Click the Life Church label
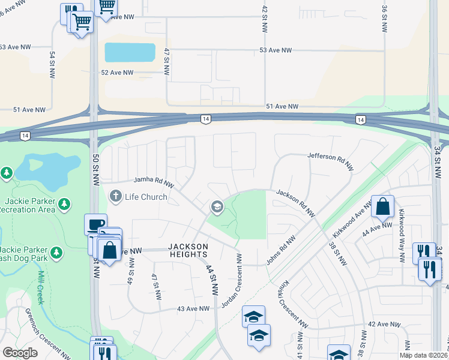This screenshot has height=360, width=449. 146,196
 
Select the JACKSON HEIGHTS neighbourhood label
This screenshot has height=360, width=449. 188,251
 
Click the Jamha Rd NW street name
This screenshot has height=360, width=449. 154,179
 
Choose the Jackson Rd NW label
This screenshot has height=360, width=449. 296,203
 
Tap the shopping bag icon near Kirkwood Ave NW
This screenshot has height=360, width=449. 382,207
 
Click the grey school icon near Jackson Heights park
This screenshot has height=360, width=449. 216,208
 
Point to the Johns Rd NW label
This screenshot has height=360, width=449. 281,248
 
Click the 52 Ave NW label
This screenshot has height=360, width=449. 117,73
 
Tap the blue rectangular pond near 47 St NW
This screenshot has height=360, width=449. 130,52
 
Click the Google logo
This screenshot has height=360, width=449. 20,353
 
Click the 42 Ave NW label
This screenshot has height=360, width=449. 384,324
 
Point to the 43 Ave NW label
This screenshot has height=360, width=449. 193,308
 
